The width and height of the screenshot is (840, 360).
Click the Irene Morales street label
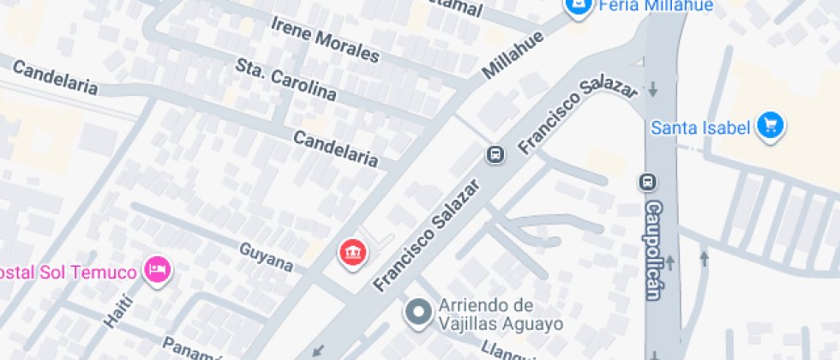(324, 39)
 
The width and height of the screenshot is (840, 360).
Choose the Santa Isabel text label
(701, 129)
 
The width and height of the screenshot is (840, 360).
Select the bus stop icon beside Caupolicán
(647, 182)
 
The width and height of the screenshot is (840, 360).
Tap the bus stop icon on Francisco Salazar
(495, 154)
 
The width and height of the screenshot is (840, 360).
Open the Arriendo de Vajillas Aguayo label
(501, 315)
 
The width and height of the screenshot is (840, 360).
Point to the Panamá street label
(193, 346)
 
